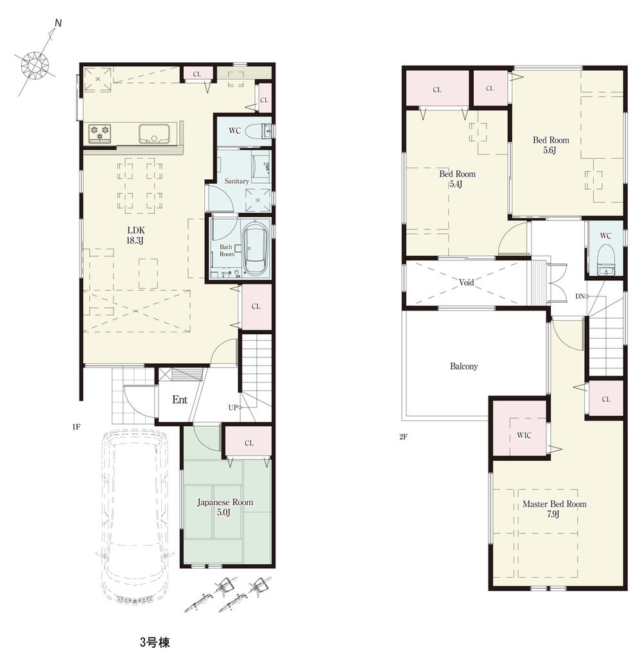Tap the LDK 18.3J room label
[135, 235]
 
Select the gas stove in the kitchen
[100, 132]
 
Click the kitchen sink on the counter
[153, 133]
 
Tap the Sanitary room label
[236, 181]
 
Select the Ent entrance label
[180, 400]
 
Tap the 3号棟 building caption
[154, 642]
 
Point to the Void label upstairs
[467, 282]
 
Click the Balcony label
[464, 366]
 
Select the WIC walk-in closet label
[524, 435]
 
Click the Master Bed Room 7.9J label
[554, 509]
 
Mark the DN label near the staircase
[580, 296]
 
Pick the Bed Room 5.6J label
[551, 145]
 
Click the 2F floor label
[403, 436]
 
